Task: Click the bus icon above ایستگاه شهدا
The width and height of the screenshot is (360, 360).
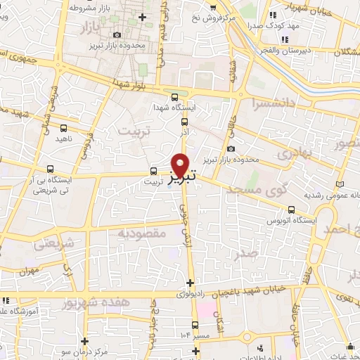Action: (174, 97)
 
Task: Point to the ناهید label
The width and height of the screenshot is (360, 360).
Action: (64, 139)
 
